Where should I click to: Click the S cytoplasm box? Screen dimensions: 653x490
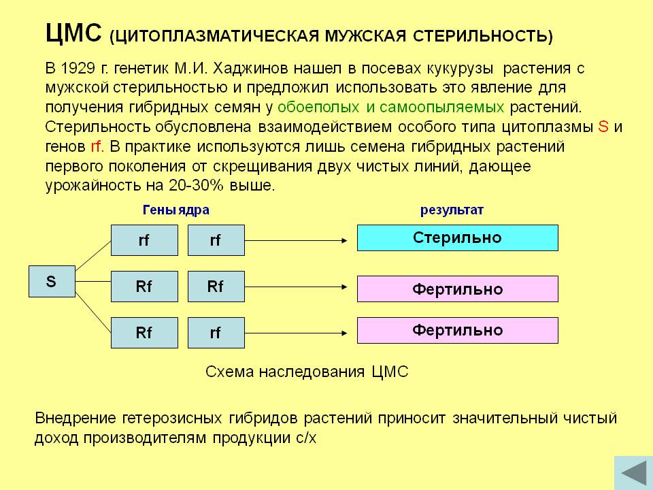pyautogui.click(x=52, y=281)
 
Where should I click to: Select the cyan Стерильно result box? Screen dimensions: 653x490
pyautogui.click(x=458, y=238)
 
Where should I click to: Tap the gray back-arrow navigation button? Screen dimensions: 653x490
pyautogui.click(x=633, y=473)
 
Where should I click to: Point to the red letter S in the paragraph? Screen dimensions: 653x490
pyautogui.click(x=603, y=127)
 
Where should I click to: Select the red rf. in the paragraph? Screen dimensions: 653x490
pyautogui.click(x=97, y=147)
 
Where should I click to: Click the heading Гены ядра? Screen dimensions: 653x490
pyautogui.click(x=175, y=210)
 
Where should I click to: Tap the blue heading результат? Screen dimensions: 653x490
pyautogui.click(x=452, y=210)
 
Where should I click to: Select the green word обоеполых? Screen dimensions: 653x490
pyautogui.click(x=318, y=107)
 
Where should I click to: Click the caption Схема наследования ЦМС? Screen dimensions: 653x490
pyautogui.click(x=307, y=372)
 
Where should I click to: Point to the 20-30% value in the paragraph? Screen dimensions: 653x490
pyautogui.click(x=196, y=185)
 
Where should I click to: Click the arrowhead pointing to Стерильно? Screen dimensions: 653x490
pyautogui.click(x=344, y=240)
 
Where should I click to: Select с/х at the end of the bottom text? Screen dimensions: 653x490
pyautogui.click(x=307, y=438)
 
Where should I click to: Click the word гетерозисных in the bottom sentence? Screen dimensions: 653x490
pyautogui.click(x=172, y=418)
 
